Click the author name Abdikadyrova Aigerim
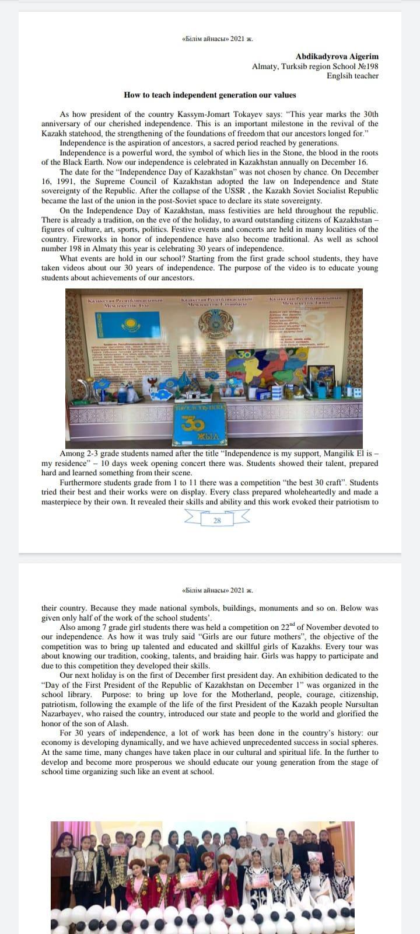(x=337, y=56)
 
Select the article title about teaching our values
(x=210, y=95)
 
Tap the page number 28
(x=217, y=520)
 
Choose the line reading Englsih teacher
(x=352, y=76)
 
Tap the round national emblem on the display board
(x=216, y=324)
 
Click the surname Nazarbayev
(x=64, y=714)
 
